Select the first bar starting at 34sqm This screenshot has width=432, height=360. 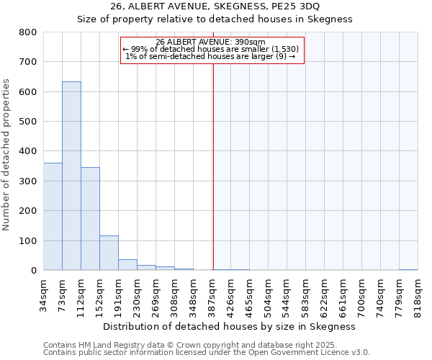[53, 217]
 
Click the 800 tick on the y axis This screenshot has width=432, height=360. [28, 32]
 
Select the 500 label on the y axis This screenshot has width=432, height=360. [28, 122]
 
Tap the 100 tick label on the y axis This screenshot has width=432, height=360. [28, 240]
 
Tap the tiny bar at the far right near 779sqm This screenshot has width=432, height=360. [408, 269]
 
